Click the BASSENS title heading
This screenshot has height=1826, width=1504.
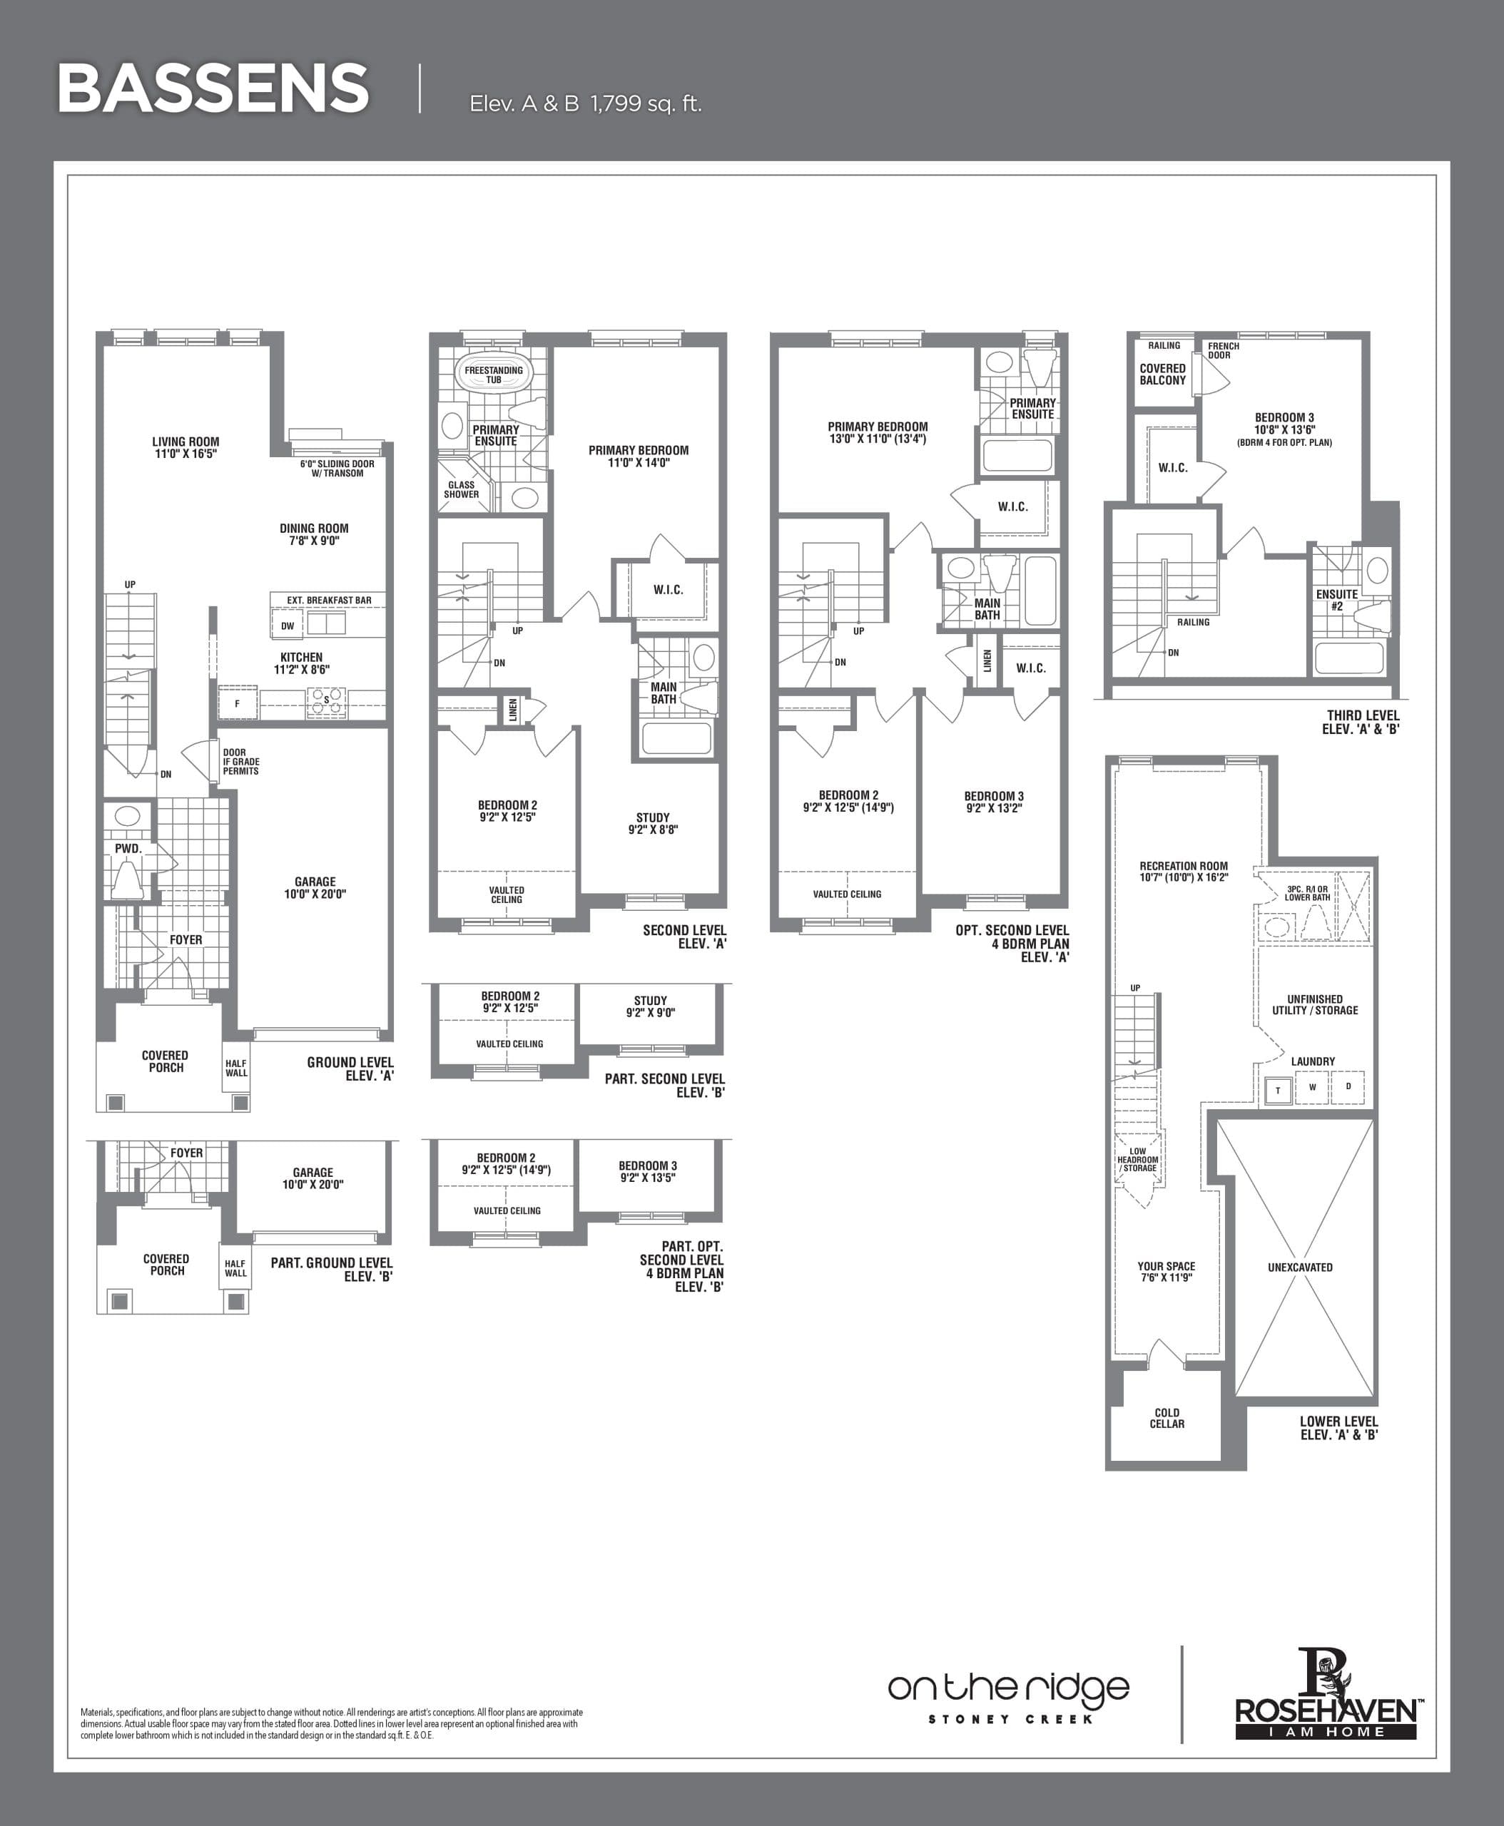(x=213, y=88)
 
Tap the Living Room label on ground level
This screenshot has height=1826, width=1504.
(x=186, y=447)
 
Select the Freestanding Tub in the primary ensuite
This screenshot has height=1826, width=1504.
(x=494, y=374)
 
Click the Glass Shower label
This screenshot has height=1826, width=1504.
(x=461, y=489)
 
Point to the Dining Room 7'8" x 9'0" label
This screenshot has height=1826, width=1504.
(x=314, y=534)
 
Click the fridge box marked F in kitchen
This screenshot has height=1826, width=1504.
(x=238, y=703)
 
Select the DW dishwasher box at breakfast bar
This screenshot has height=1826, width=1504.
(x=288, y=626)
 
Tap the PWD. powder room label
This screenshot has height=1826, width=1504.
(x=128, y=849)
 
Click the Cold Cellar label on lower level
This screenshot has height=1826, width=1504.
(x=1167, y=1417)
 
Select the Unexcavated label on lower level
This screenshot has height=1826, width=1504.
(x=1299, y=1268)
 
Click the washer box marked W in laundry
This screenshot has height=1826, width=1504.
(x=1313, y=1087)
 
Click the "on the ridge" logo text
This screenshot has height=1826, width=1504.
(x=1008, y=1688)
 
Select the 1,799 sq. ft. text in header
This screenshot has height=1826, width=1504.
(x=646, y=104)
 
